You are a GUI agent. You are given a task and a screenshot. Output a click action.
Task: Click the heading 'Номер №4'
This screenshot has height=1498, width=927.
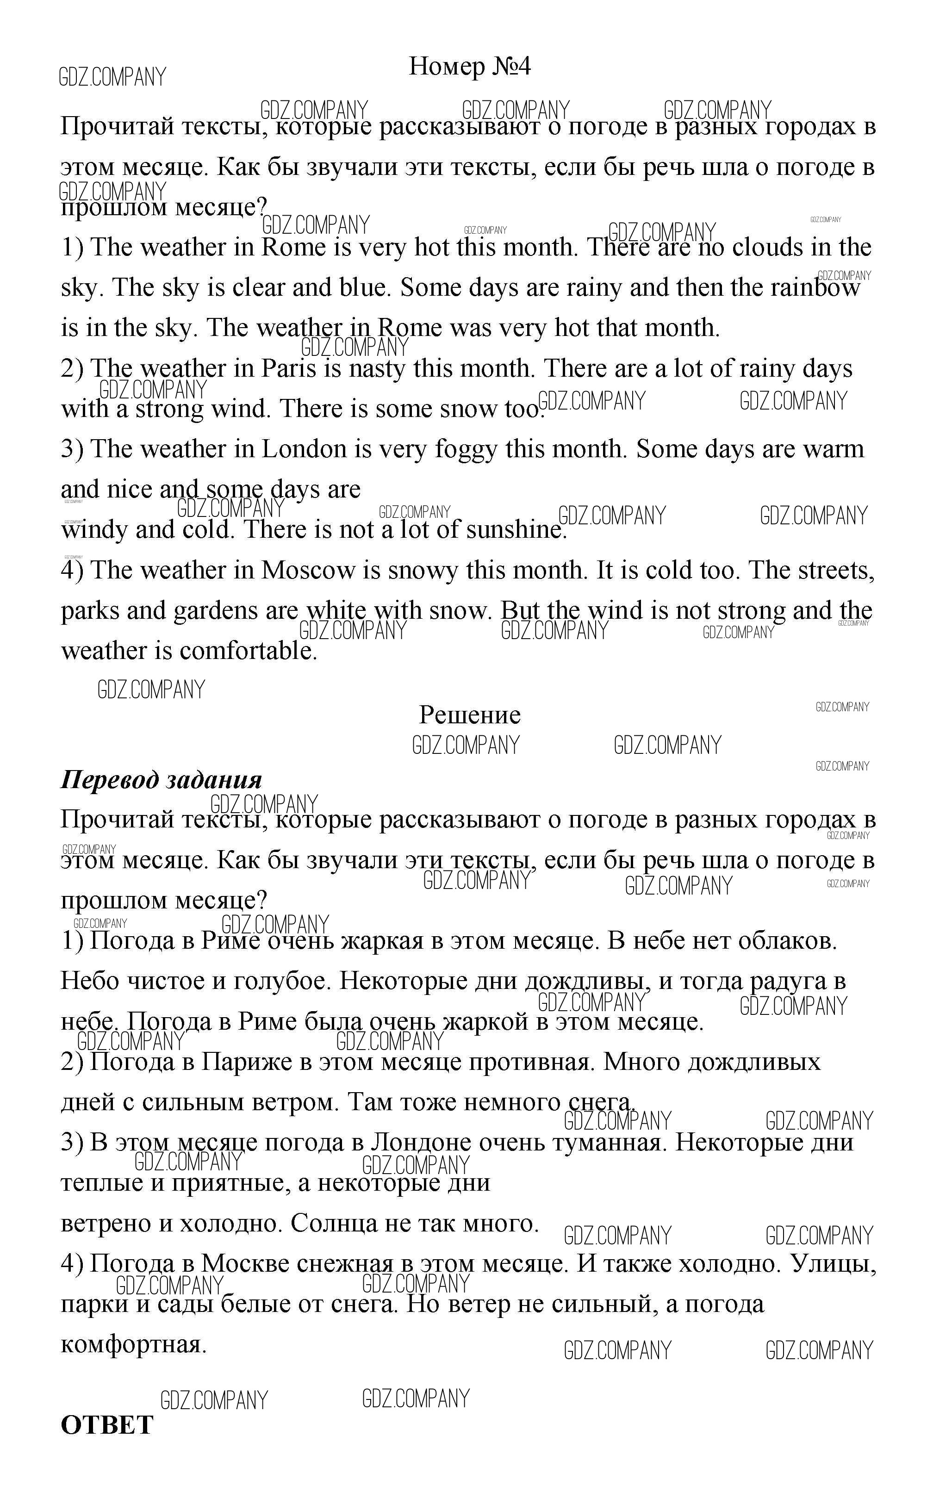pyautogui.click(x=470, y=66)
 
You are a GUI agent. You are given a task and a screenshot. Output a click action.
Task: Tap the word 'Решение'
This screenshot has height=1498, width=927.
pyautogui.click(x=470, y=715)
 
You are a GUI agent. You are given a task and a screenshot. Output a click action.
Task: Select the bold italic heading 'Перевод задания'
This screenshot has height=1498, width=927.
pyautogui.click(x=161, y=780)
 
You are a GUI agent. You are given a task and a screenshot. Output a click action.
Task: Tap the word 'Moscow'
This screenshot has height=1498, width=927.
pyautogui.click(x=308, y=570)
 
